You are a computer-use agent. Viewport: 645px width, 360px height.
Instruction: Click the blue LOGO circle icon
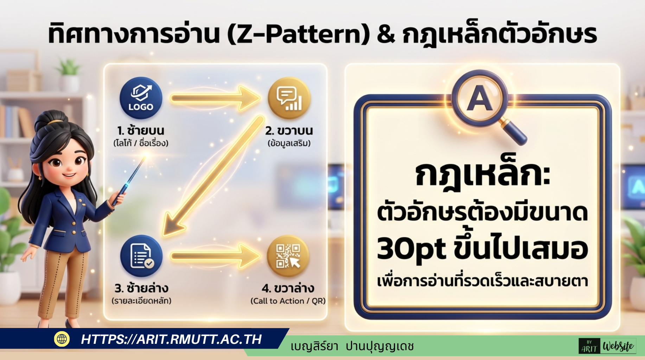pyautogui.click(x=141, y=98)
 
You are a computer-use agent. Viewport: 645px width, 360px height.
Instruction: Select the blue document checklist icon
pyautogui.click(x=141, y=256)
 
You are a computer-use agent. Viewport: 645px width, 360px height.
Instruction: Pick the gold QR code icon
pyautogui.click(x=288, y=256)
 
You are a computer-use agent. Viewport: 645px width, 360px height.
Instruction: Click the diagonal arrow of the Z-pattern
pyautogui.click(x=213, y=176)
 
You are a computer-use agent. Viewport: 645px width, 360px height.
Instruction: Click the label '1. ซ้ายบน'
pyautogui.click(x=141, y=130)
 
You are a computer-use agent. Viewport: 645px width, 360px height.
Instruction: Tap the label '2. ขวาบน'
pyautogui.click(x=289, y=130)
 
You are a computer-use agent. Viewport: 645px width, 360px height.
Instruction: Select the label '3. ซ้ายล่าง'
pyautogui.click(x=141, y=288)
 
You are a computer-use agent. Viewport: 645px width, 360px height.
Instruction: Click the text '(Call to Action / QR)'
pyautogui.click(x=288, y=301)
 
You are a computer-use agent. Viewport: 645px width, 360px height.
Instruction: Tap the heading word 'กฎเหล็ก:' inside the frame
pyautogui.click(x=483, y=175)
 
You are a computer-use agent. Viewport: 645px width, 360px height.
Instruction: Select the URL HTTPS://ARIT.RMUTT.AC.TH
pyautogui.click(x=171, y=339)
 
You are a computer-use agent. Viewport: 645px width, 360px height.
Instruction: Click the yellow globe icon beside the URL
pyautogui.click(x=62, y=339)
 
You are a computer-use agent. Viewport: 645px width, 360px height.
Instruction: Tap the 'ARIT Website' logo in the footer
pyautogui.click(x=607, y=346)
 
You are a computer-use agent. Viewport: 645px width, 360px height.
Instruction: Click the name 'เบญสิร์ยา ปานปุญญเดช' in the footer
pyautogui.click(x=352, y=347)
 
